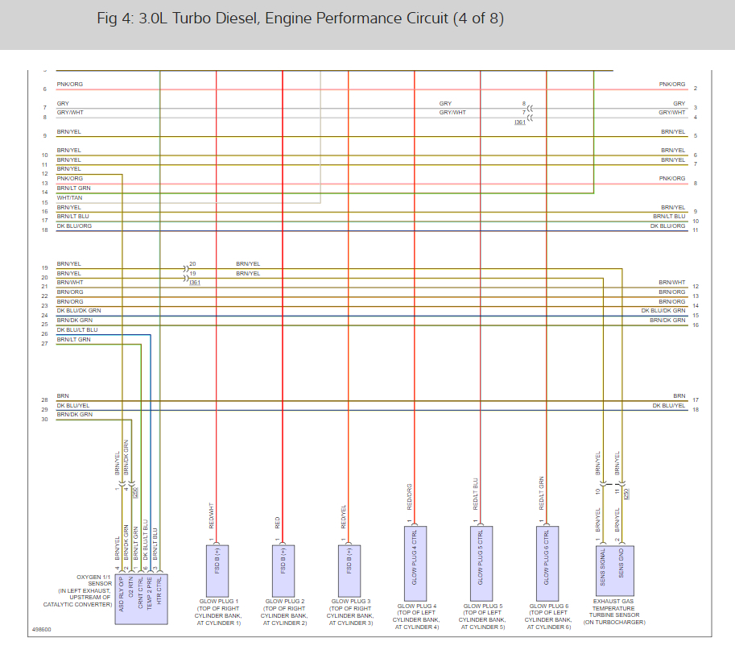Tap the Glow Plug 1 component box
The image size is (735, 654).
217,561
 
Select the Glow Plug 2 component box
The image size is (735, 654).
283,561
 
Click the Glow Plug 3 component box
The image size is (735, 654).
349,561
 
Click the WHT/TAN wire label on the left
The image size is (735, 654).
69,198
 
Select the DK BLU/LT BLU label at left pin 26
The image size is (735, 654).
77,330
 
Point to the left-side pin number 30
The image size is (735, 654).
45,420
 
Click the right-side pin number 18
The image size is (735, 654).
695,410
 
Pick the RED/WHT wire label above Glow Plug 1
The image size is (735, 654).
211,516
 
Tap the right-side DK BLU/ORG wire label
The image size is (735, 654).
668,226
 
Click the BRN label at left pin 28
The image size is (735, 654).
63,396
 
